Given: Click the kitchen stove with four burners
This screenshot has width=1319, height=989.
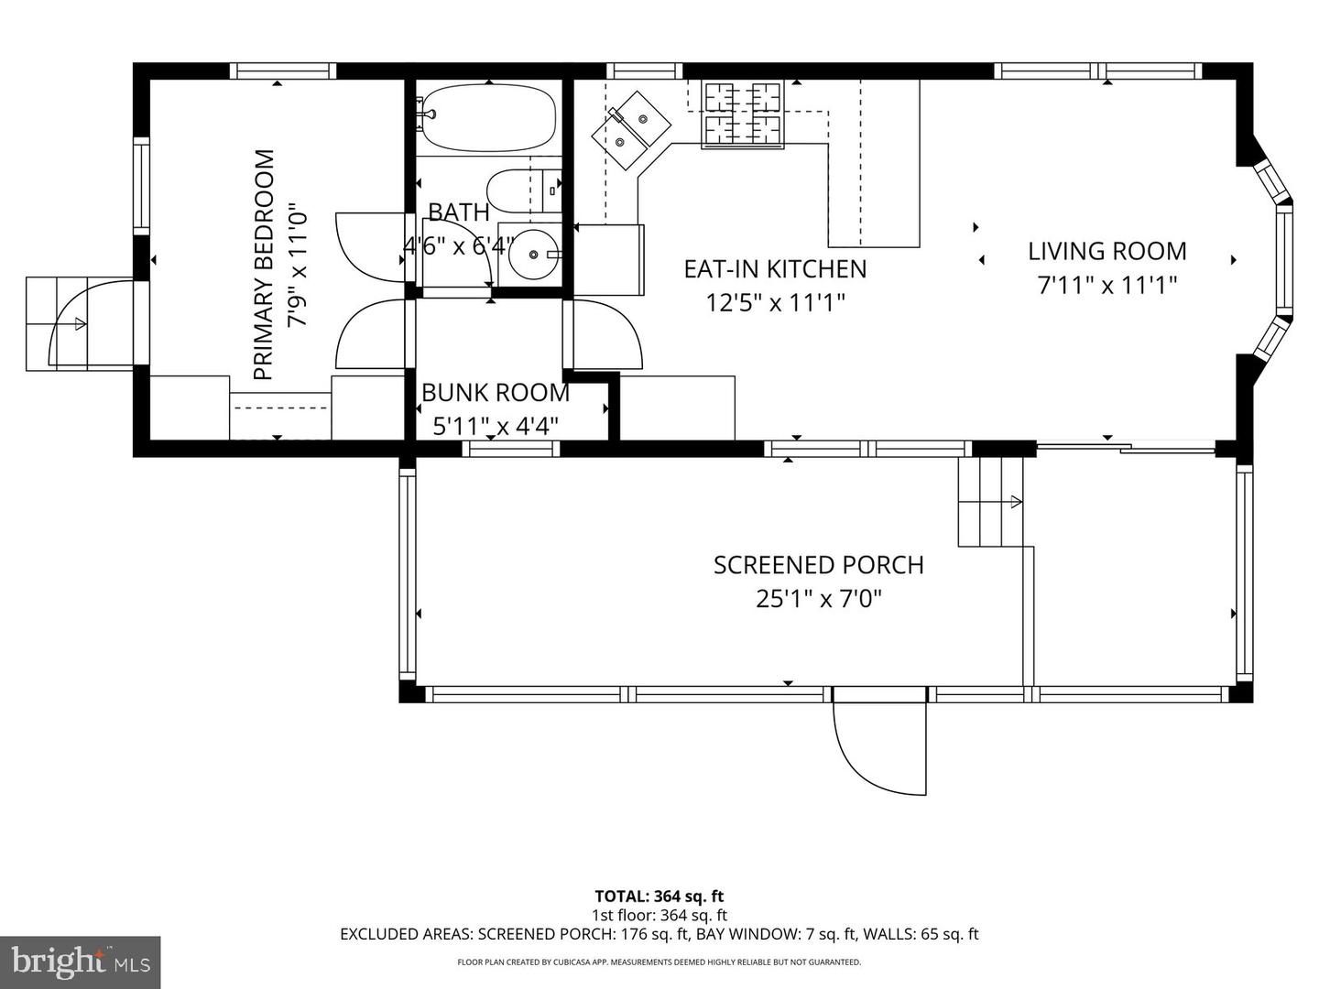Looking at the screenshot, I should [743, 114].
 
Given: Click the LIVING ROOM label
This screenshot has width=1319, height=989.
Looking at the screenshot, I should [1106, 251].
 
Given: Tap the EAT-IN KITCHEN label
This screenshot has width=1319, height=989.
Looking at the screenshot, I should [775, 268].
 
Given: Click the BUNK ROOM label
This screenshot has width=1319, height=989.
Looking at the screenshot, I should [495, 393].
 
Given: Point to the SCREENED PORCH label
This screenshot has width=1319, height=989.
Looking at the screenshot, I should [818, 565].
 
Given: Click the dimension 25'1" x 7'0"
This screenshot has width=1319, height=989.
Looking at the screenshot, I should [818, 599].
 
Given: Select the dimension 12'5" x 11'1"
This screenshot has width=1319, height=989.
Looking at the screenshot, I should [775, 302].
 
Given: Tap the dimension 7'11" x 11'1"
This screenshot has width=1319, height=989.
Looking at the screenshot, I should [1106, 285].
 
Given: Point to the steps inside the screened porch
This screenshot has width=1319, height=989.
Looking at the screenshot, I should [990, 501].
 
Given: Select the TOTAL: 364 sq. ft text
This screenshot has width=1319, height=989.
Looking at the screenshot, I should [659, 897].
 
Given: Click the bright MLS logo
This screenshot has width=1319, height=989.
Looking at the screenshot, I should [80, 962].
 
